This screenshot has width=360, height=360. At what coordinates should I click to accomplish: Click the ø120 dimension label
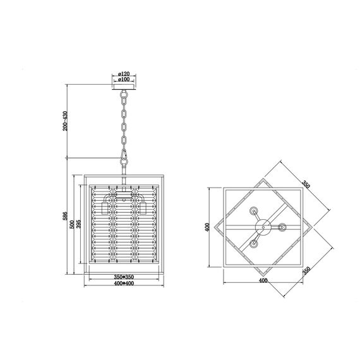tap(124, 74)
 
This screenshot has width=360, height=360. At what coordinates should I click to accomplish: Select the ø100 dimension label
tap(124, 80)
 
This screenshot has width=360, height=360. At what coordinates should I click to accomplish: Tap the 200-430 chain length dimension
tap(66, 121)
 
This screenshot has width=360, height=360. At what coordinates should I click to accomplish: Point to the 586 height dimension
tap(65, 216)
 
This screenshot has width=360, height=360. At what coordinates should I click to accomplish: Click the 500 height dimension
tap(72, 224)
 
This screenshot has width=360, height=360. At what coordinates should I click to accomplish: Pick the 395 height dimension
tap(78, 224)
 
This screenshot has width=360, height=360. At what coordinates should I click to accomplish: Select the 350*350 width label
tap(124, 277)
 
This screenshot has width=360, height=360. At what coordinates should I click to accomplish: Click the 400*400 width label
tap(124, 284)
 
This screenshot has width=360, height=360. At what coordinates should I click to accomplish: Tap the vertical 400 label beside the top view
tap(207, 227)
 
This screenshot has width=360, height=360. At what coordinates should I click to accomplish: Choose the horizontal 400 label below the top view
tap(263, 280)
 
